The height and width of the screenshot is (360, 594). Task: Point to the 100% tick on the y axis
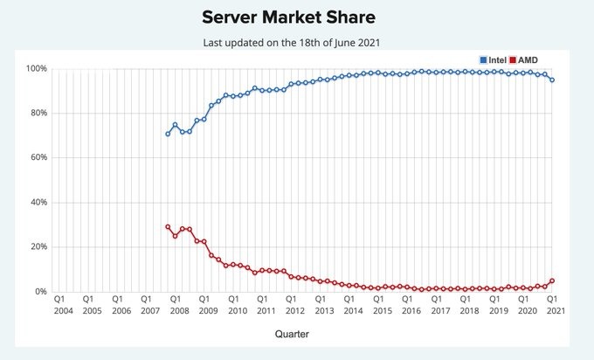point(37,68)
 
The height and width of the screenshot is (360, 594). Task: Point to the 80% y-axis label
point(38,113)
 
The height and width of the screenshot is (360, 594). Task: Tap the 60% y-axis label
point(38,157)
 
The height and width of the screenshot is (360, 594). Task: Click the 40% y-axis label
point(38,202)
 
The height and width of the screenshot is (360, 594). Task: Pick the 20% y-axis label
point(38,246)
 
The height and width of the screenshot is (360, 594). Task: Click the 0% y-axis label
point(41,291)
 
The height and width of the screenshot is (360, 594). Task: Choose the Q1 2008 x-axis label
point(175,304)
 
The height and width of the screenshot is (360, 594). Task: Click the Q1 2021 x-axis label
point(553,304)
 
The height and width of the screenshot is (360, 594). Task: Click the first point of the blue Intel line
point(168,134)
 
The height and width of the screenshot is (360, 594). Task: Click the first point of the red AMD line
point(168,226)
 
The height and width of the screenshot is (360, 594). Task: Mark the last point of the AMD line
point(552,280)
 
